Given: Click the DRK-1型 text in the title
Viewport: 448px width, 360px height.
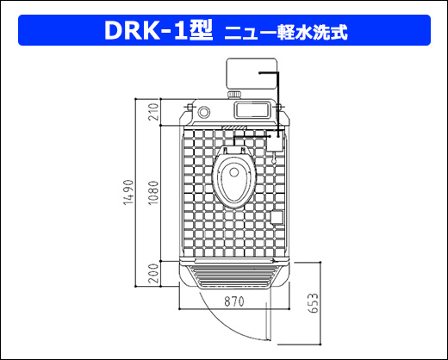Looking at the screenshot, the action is (x=159, y=30).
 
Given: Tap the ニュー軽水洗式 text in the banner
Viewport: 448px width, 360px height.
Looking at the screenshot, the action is (x=286, y=32).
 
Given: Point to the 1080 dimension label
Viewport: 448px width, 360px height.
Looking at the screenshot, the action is (x=153, y=192).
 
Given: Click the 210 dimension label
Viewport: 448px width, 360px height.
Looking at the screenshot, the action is (x=153, y=112).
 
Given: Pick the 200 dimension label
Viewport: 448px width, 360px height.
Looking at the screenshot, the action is (x=153, y=274).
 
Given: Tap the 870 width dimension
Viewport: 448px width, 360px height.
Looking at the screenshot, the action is (x=234, y=301).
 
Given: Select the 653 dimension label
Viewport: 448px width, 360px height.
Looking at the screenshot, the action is (x=314, y=303).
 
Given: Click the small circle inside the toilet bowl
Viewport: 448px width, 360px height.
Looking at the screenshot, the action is (x=234, y=172).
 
